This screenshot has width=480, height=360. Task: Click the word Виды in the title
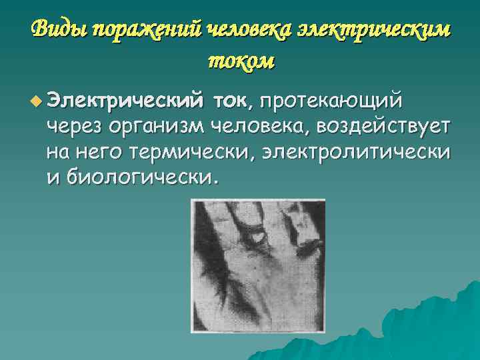(59, 28)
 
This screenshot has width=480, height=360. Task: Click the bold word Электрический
(127, 101)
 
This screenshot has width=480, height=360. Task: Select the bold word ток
(231, 101)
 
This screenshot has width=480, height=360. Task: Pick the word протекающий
(331, 101)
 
